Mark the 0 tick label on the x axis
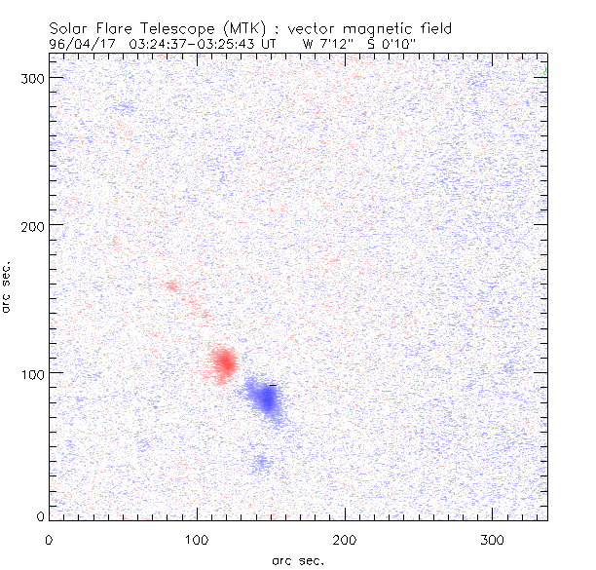point(49,539)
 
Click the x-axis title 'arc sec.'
point(299,560)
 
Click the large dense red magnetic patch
point(224,362)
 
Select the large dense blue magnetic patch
point(264,398)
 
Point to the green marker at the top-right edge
point(546,71)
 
